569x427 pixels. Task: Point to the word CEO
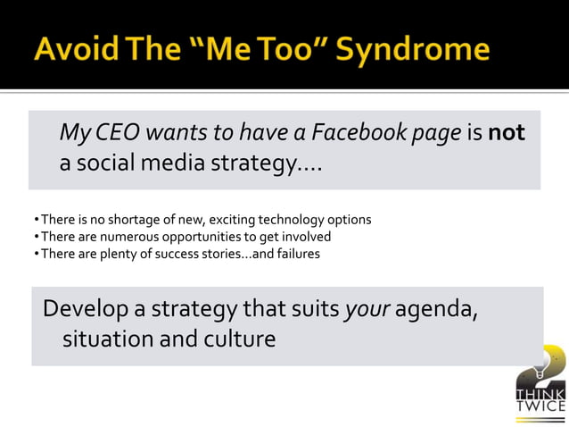117,134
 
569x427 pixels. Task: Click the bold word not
507,134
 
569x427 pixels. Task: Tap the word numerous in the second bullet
122,237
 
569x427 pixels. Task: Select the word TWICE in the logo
540,406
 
